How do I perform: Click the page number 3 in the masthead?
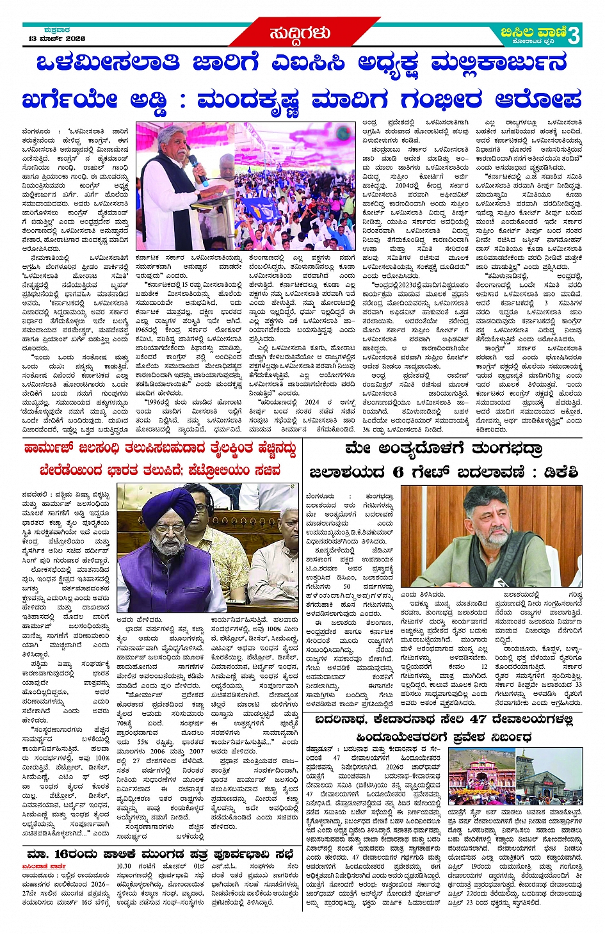[574, 36]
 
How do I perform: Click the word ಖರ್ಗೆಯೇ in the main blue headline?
[70, 101]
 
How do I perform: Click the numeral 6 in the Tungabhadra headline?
[398, 472]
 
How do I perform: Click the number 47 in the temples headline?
[478, 719]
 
